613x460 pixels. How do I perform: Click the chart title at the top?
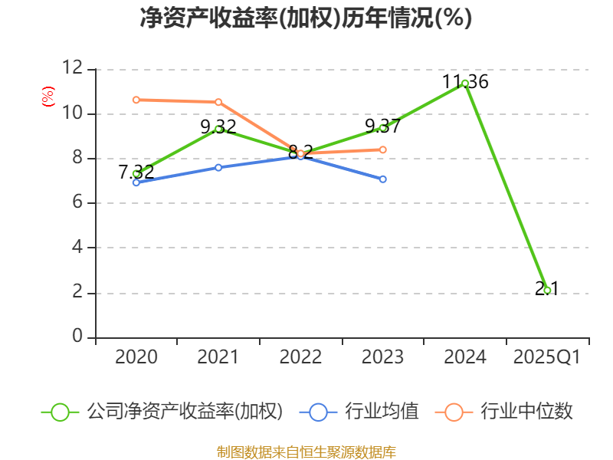point(306,18)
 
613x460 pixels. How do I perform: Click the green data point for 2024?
point(465,83)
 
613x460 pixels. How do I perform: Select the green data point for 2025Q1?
point(547,291)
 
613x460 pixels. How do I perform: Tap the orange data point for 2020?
point(136,100)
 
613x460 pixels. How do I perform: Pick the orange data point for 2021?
point(218,102)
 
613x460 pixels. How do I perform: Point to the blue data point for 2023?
point(382,179)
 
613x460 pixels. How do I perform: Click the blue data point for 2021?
point(218,167)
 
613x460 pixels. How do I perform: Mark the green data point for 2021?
point(218,129)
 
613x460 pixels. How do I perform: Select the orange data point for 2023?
point(382,149)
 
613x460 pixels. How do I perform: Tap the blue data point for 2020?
point(136,182)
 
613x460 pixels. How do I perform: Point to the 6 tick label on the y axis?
point(77,203)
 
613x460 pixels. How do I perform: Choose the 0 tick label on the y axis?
point(77,337)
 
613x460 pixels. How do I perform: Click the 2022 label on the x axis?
point(300,357)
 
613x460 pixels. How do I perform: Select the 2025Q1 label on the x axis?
point(547,357)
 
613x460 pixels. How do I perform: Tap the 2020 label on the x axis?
point(136,357)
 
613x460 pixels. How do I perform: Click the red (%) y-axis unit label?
point(48,97)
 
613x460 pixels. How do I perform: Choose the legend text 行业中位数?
point(526,412)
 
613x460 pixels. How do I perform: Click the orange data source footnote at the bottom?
point(306,452)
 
